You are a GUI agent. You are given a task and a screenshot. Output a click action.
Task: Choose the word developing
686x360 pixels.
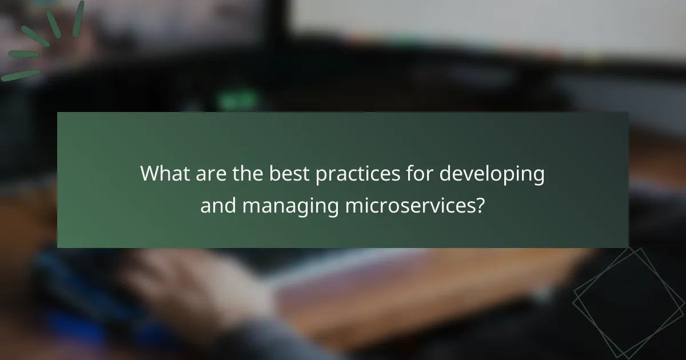[492, 174]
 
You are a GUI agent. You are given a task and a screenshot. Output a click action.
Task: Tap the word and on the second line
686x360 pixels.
[218, 205]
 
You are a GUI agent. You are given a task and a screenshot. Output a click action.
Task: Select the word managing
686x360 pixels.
[291, 206]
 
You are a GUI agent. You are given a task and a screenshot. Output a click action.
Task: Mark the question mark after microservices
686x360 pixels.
[480, 205]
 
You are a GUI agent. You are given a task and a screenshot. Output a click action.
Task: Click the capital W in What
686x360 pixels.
[150, 174]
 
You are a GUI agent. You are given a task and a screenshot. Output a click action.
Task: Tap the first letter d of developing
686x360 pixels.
[445, 174]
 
